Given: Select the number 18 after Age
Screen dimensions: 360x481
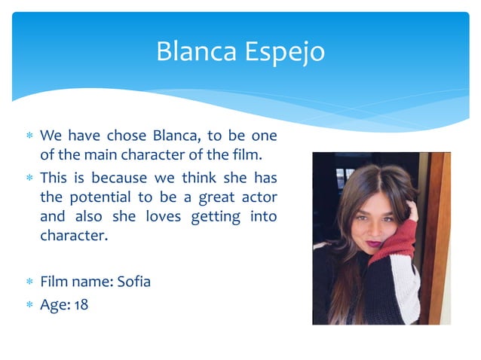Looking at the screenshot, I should click(81, 306).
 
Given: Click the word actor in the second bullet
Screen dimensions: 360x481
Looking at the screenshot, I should click(257, 197).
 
